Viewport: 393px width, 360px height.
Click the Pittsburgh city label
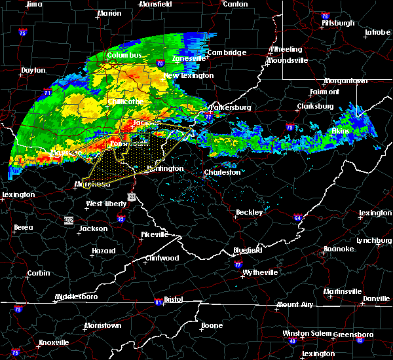pos(338,23)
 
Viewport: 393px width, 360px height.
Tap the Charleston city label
pos(223,173)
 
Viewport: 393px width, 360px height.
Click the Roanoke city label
pos(339,249)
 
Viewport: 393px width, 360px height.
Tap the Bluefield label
pos(248,251)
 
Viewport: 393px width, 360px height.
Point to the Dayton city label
pos(33,70)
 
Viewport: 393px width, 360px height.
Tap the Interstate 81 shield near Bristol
pos(159,302)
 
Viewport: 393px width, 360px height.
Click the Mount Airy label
pos(294,304)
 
